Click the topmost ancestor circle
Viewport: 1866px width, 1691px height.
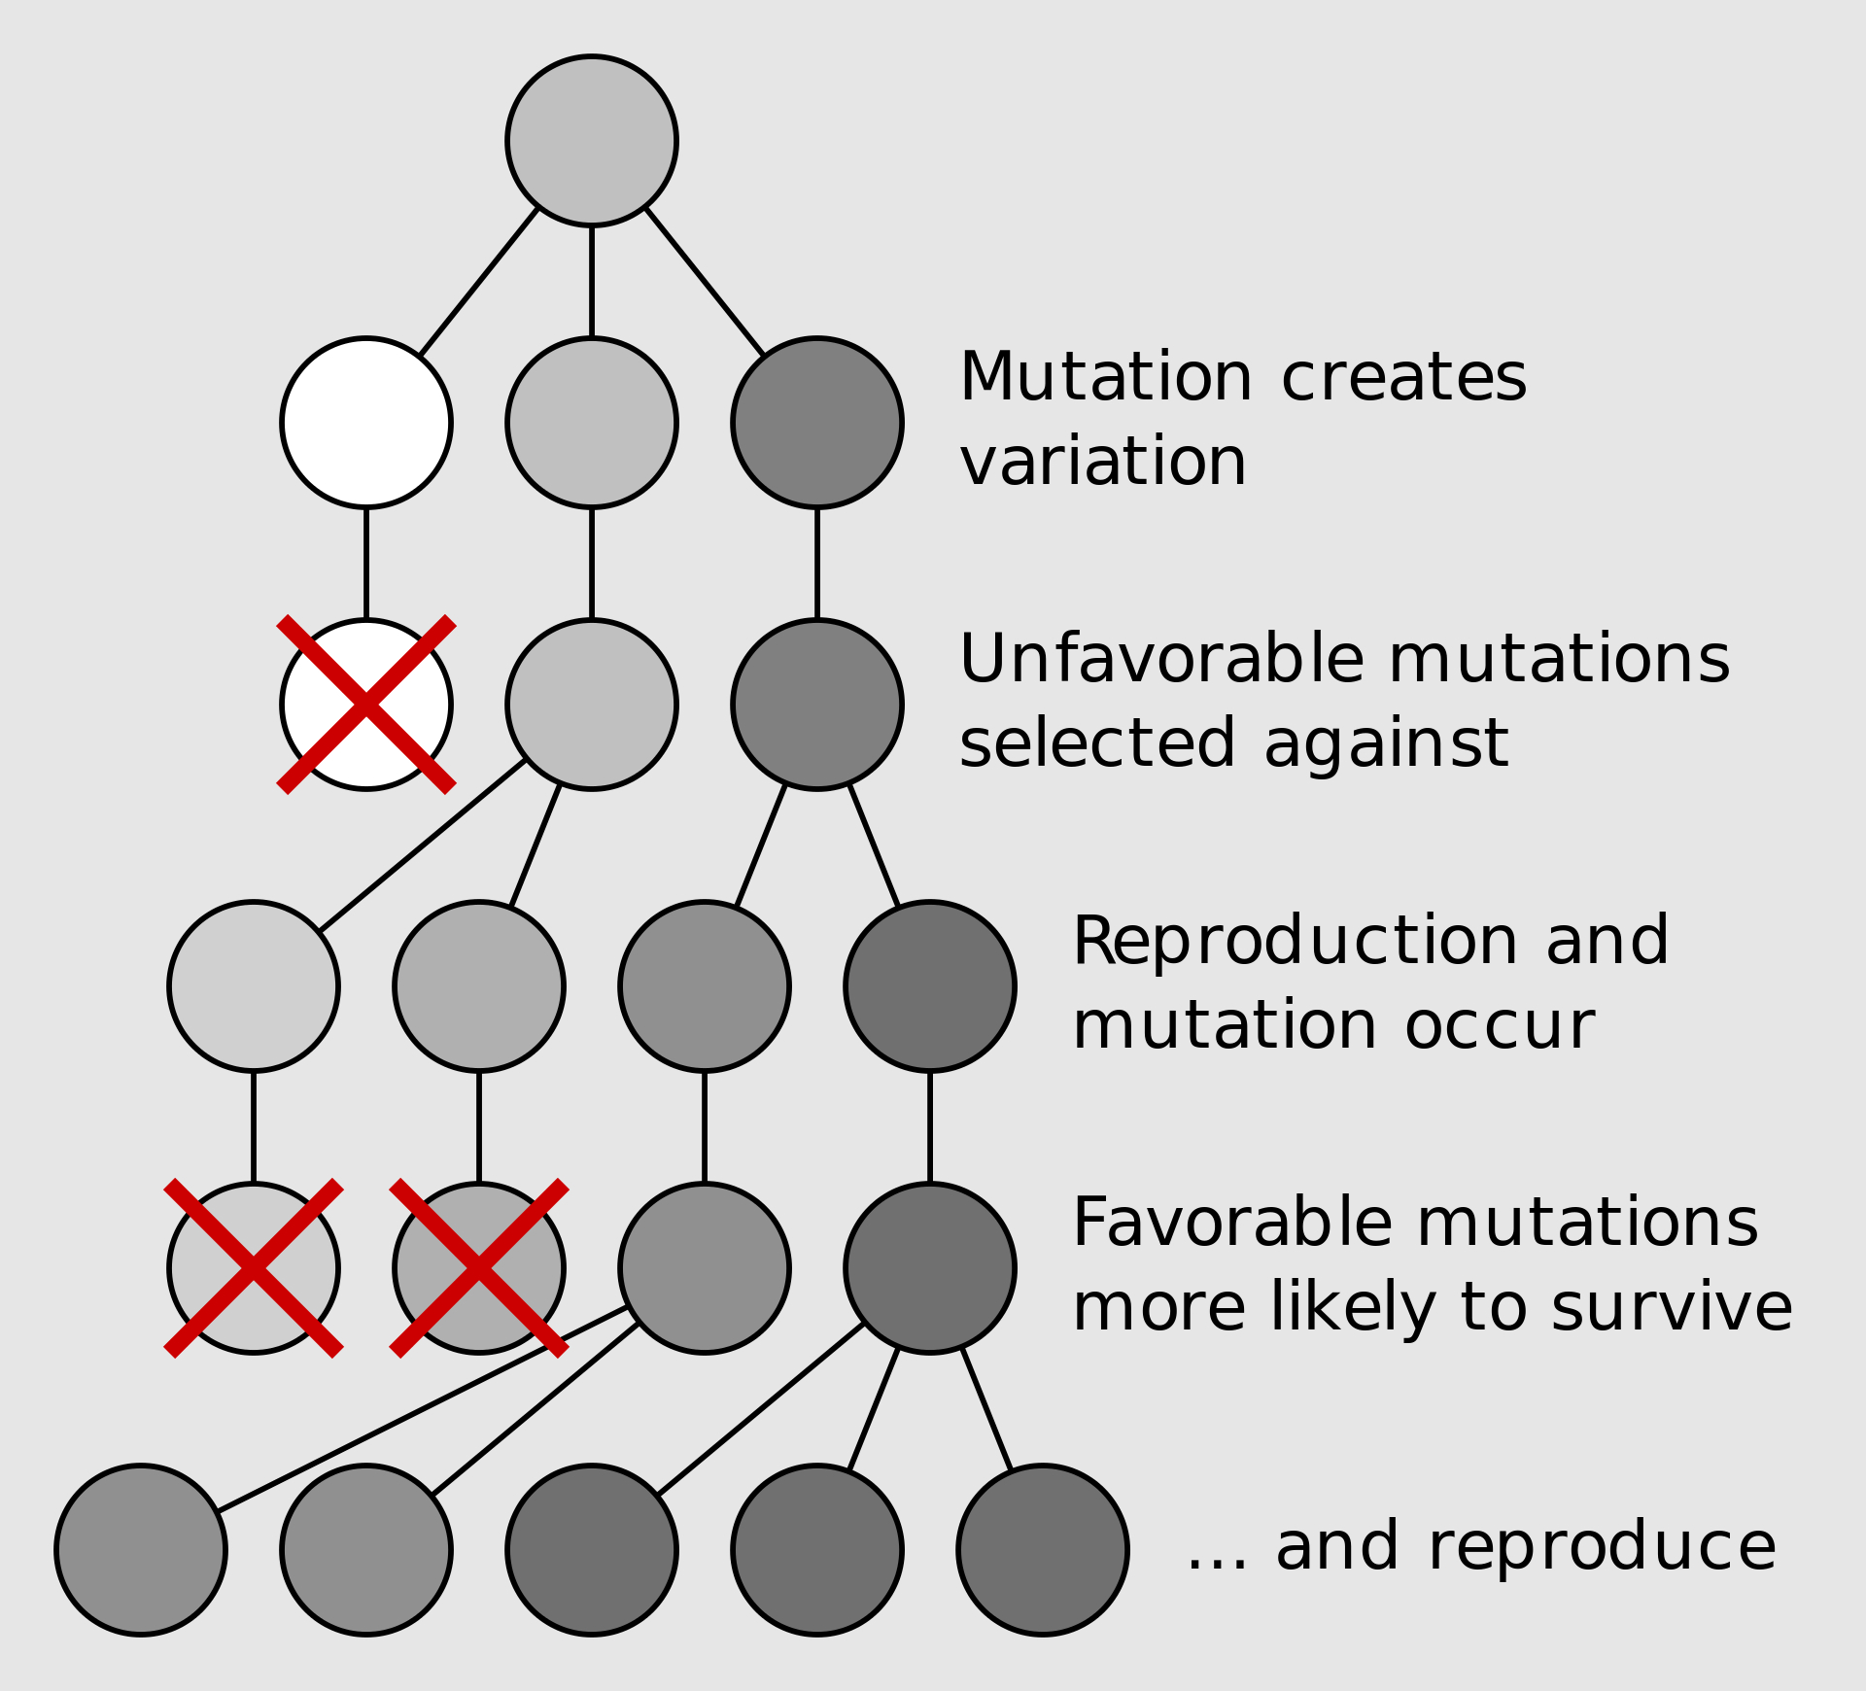click(x=591, y=141)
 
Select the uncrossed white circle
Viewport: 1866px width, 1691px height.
click(x=365, y=423)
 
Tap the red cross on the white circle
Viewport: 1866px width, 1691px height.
click(x=365, y=705)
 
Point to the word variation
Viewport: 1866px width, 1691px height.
click(x=1102, y=462)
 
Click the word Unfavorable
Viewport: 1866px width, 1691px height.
click(x=1161, y=659)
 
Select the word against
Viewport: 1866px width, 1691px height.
click(x=1386, y=743)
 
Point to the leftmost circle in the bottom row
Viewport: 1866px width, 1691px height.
click(x=141, y=1550)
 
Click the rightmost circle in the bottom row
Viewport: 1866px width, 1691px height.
click(x=1042, y=1550)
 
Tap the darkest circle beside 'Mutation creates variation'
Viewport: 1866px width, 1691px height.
click(x=816, y=423)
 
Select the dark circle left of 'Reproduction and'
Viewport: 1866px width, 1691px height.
click(x=929, y=986)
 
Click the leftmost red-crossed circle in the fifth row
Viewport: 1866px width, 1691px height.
click(x=254, y=1268)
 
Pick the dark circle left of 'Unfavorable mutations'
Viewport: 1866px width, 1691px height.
click(x=816, y=705)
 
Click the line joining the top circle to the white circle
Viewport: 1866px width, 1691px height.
click(x=478, y=282)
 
